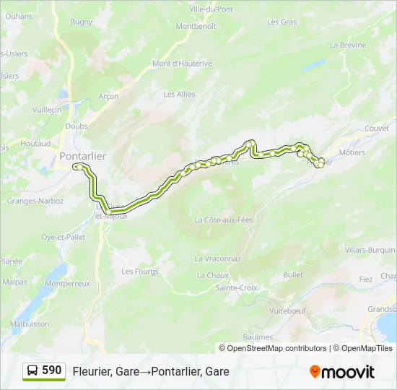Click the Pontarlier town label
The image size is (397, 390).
point(83,156)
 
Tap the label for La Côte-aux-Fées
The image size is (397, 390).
point(224,220)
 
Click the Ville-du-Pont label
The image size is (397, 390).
point(210,9)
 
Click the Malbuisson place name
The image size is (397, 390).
point(30,324)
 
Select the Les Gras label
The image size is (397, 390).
point(282,22)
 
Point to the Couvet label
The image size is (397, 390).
point(377,128)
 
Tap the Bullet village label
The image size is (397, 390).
point(293,275)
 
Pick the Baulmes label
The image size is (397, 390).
point(258,337)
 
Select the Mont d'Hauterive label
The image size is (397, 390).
point(182,64)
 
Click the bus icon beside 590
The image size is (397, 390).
point(33,371)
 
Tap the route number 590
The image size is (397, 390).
point(52,370)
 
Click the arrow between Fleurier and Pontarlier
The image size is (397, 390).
point(144,371)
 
